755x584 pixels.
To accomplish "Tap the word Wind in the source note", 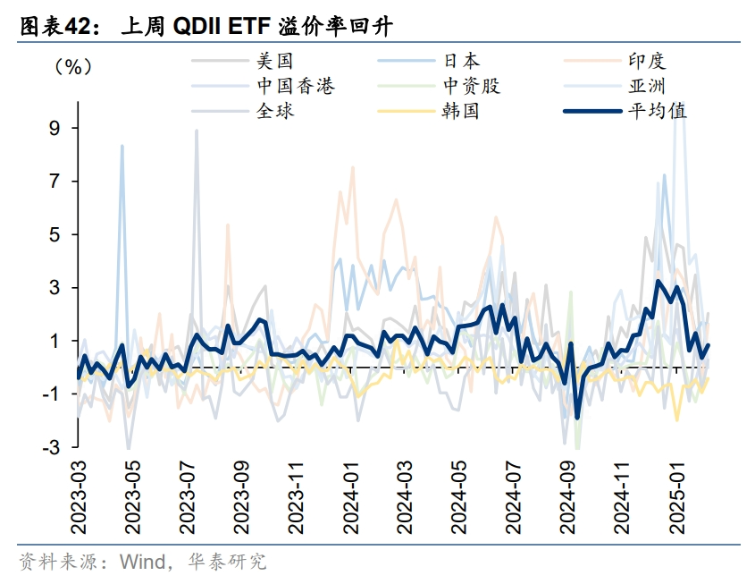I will coord(139,562).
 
